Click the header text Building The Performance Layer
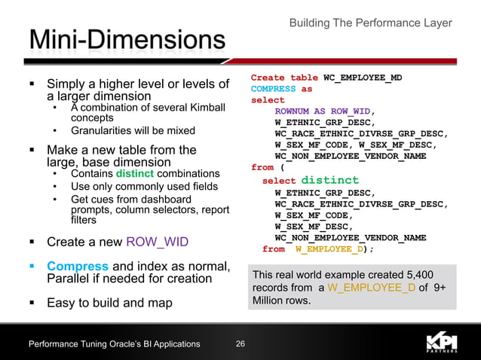point(370,23)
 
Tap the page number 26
point(240,344)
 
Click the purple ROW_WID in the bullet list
point(158,242)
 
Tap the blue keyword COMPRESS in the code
point(273,89)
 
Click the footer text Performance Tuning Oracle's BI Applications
point(114,344)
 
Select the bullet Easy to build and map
point(109,304)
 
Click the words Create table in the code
point(284,78)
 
